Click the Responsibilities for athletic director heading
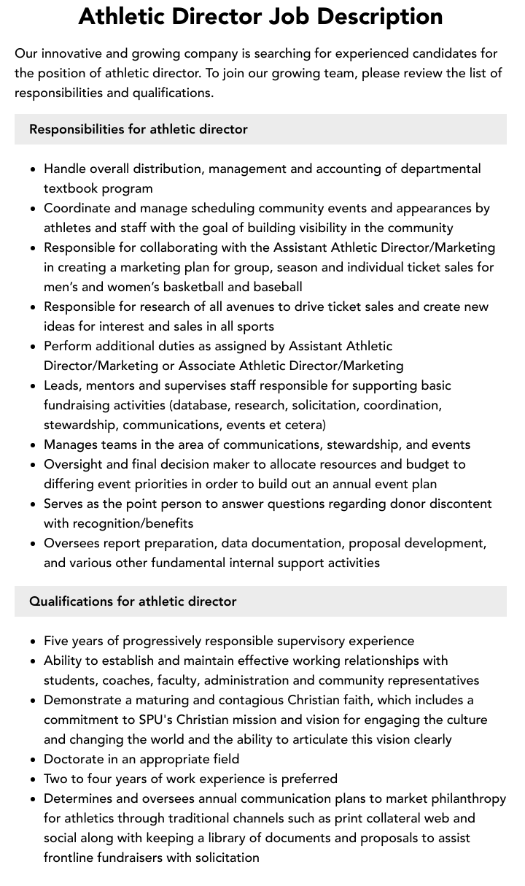click(x=139, y=129)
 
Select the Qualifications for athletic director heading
click(x=133, y=601)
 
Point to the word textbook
click(x=70, y=188)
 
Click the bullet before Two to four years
click(x=33, y=779)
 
